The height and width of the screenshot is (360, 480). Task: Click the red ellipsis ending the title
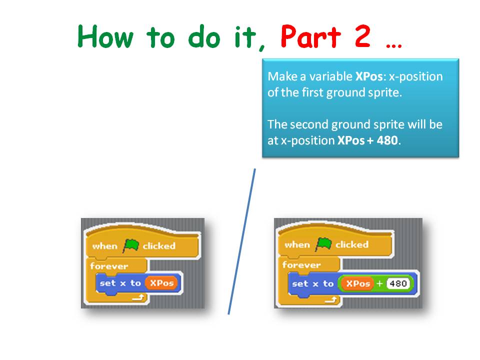[394, 44]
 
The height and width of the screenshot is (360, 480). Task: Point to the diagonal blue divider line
[242, 241]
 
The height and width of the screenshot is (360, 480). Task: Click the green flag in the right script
[323, 244]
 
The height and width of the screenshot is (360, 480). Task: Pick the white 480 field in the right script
[397, 284]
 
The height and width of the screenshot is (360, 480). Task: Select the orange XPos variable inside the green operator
[357, 284]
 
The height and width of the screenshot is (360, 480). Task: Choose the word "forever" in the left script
[109, 266]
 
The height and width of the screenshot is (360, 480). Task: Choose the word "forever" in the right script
[301, 265]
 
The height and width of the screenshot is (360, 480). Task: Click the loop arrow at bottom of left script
[138, 298]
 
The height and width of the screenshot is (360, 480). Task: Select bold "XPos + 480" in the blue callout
[368, 140]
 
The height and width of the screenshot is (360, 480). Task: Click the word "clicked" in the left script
[158, 245]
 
